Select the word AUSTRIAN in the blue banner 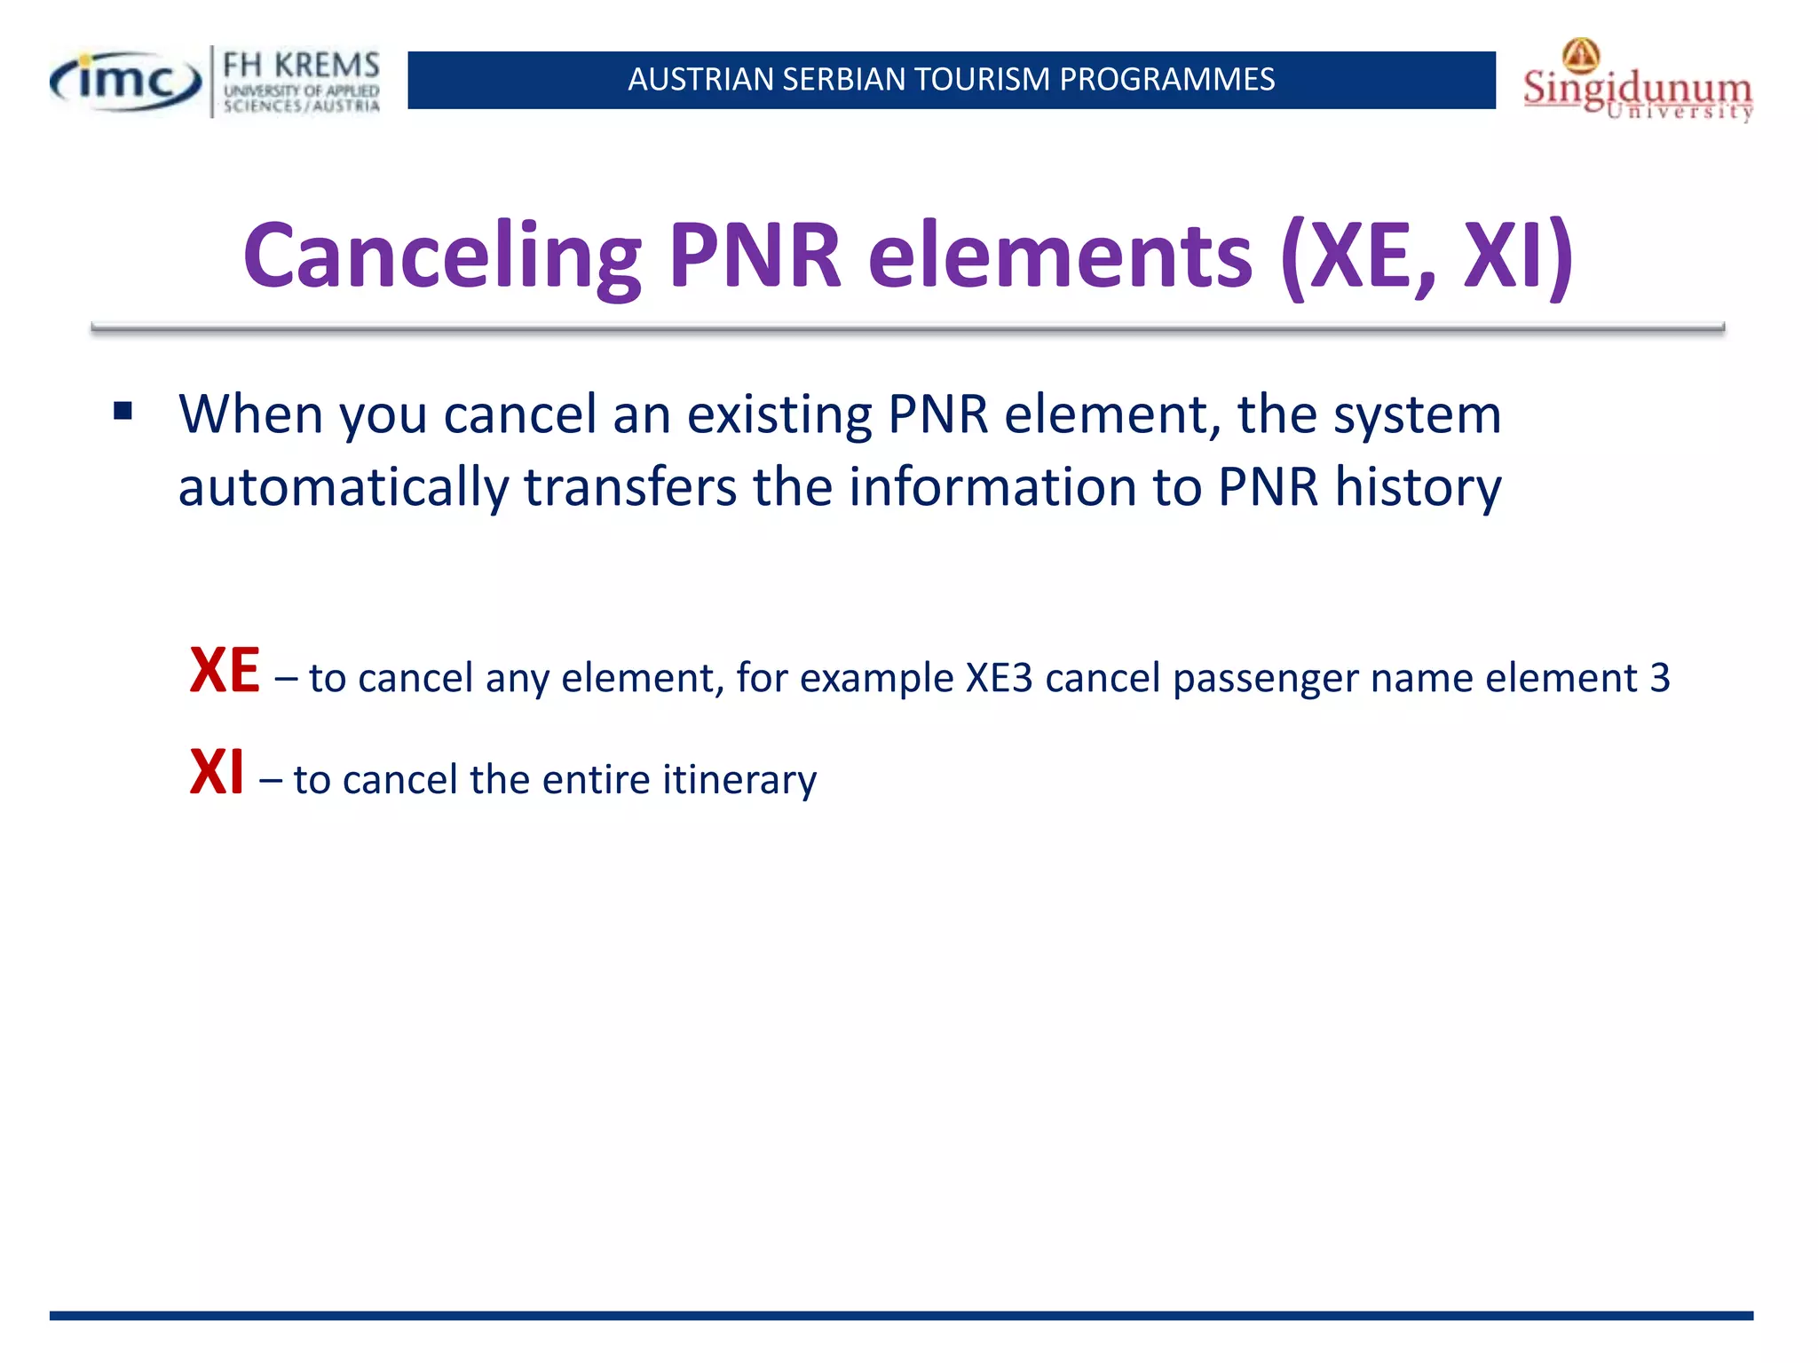(x=700, y=80)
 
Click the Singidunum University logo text (x=1637, y=90)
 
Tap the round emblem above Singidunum (x=1581, y=55)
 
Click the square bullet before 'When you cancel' (x=123, y=411)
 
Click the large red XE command (x=225, y=671)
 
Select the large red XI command (x=217, y=773)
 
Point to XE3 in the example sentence (x=999, y=679)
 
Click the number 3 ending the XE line (x=1659, y=679)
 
